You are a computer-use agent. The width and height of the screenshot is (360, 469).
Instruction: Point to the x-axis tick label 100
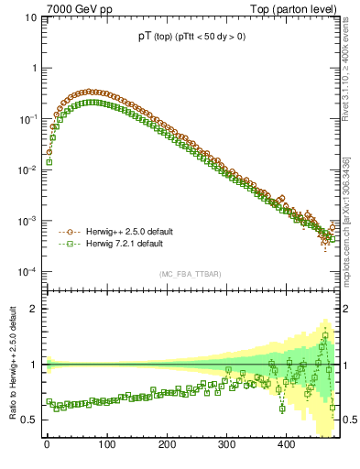[106, 445]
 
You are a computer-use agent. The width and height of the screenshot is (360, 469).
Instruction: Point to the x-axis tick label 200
[166, 445]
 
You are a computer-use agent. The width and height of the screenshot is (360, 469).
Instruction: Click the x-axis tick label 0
[47, 445]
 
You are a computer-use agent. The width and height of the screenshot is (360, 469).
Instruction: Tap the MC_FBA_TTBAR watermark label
[190, 274]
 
